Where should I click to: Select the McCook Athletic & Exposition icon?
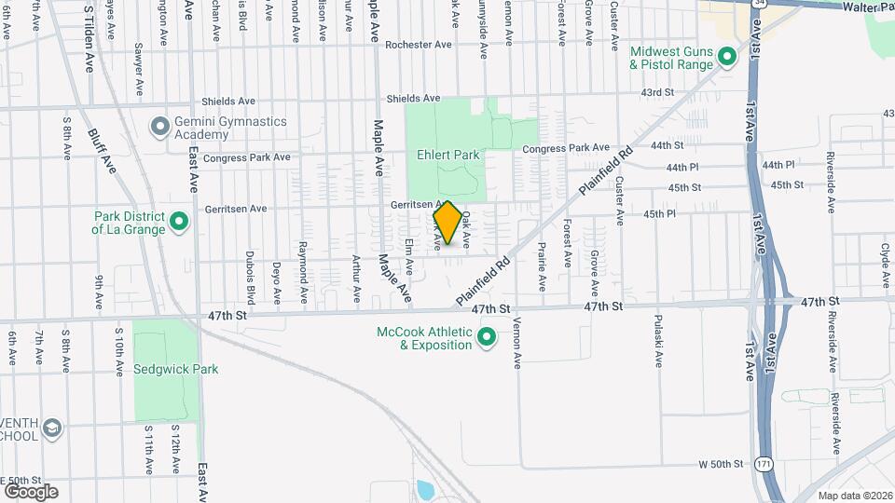point(486,337)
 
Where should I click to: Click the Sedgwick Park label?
point(176,369)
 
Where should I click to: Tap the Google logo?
point(31,492)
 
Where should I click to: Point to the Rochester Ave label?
point(419,45)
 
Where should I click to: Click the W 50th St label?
point(721,464)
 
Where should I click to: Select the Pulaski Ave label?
point(658,350)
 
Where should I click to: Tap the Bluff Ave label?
point(103,149)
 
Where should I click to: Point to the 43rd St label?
point(656,92)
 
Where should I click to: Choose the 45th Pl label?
point(659,214)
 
